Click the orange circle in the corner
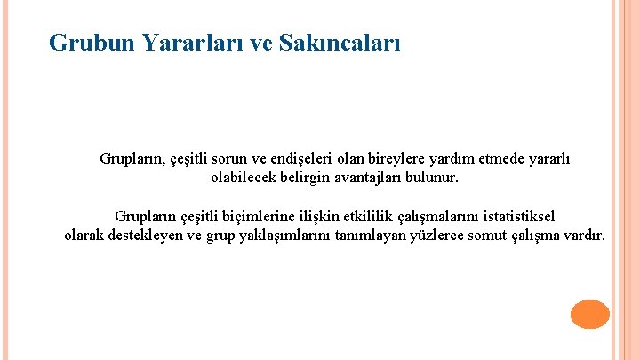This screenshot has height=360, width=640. [x=589, y=314]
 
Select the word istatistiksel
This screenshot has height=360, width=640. [x=516, y=216]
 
